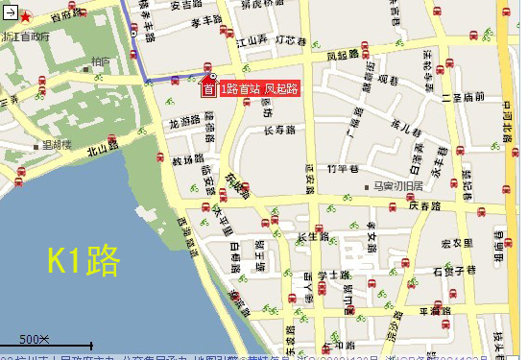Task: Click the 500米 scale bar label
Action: point(35,338)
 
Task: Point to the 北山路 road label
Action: point(102,147)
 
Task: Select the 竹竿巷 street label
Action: point(342,168)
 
